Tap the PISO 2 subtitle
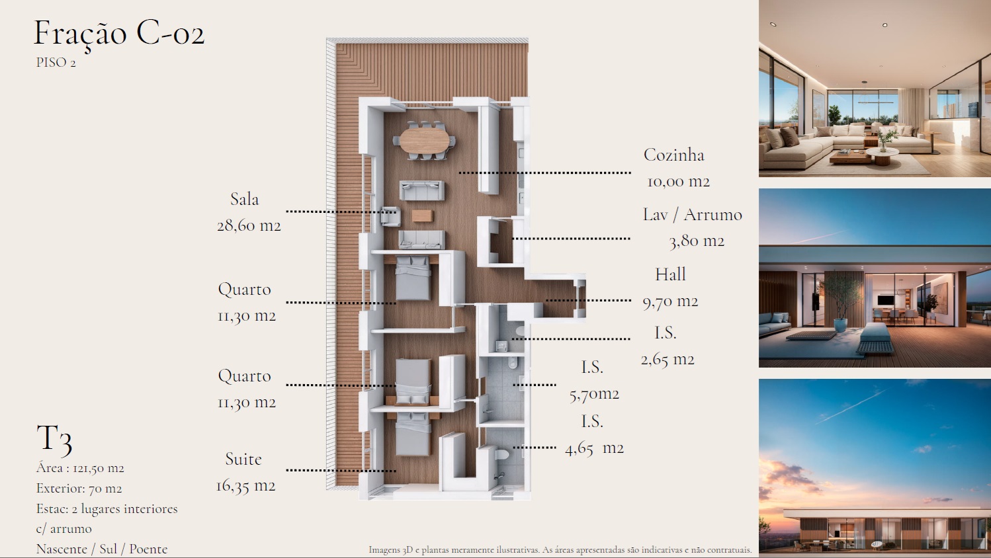[x=56, y=63]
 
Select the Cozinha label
[x=674, y=155]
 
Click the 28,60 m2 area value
[x=249, y=226]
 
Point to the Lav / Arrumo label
[x=693, y=215]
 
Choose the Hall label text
[x=670, y=274]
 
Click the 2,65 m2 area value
[x=668, y=360]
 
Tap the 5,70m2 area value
[x=594, y=394]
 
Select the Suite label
[x=243, y=459]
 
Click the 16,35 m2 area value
[x=245, y=486]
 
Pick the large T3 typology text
[x=54, y=439]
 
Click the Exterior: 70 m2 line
[x=79, y=489]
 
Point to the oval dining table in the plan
[x=424, y=141]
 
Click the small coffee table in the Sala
[x=422, y=216]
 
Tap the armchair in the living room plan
[x=390, y=216]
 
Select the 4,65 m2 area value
[x=594, y=448]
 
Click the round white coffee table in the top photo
[x=882, y=153]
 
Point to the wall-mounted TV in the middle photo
[x=886, y=300]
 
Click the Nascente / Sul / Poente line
[x=102, y=549]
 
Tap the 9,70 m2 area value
[x=670, y=301]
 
